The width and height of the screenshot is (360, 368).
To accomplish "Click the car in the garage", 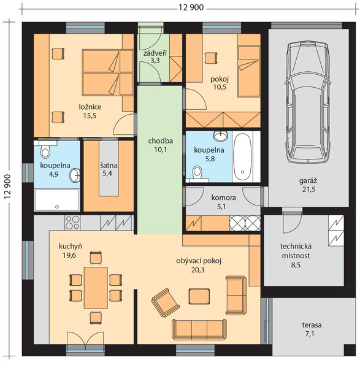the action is (308, 102).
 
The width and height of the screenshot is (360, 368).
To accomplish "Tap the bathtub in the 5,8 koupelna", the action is (243, 157).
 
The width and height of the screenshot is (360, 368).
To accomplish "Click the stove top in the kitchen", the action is (72, 223).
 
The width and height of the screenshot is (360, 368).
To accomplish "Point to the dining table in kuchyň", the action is (96, 288).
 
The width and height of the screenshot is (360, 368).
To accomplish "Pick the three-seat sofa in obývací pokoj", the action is (199, 329).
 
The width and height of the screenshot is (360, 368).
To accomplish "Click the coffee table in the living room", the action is (199, 296).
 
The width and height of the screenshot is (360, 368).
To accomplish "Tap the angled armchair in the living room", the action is (166, 303).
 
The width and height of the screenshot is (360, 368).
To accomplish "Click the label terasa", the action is (312, 325).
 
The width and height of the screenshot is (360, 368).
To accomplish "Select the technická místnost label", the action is (296, 251).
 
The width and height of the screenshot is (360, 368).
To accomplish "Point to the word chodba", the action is (161, 141).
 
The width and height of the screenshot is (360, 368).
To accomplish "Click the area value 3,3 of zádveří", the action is (155, 61).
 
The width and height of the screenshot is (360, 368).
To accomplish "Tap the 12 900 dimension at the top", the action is (191, 8).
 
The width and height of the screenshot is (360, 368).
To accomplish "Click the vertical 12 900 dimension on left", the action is (8, 186).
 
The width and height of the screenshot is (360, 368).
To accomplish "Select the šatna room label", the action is (109, 166).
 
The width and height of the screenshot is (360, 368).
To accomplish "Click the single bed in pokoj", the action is (248, 71).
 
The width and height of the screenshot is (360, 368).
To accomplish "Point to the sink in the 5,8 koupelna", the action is (221, 136).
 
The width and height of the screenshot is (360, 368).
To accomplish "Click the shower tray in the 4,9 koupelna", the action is (57, 200).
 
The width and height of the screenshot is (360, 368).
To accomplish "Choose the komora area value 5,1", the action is (221, 207).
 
